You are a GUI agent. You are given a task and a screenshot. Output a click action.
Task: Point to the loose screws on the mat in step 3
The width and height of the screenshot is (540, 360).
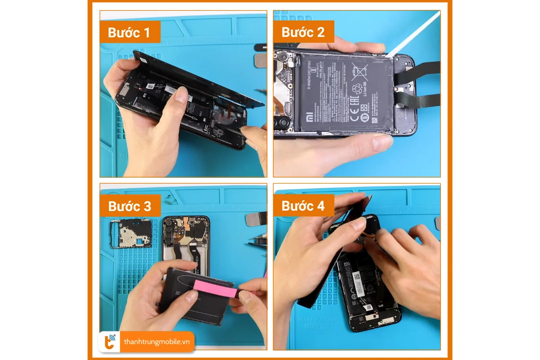pos(168,198)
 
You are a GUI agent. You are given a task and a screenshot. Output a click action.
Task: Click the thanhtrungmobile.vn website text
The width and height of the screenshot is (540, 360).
pos(157,342)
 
